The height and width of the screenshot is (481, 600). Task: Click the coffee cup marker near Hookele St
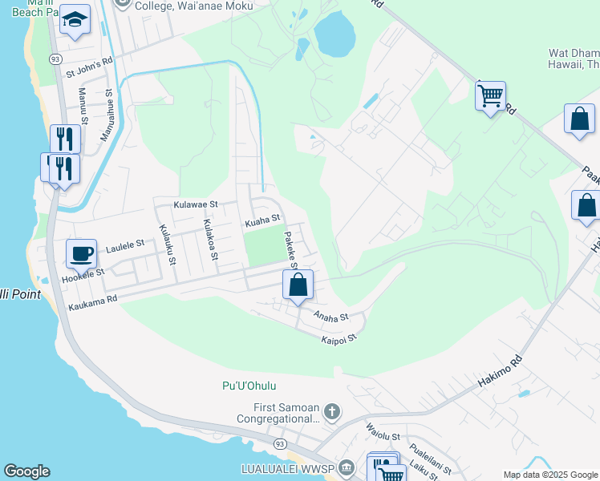point(82,255)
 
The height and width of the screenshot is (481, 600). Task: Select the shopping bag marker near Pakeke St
point(298,285)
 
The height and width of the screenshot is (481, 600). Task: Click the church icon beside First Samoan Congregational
point(333,412)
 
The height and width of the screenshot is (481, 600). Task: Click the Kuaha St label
point(262,218)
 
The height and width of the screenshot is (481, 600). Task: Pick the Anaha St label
point(331,317)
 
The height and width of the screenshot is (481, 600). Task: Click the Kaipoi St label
point(338,339)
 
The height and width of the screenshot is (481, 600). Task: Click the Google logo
point(26,471)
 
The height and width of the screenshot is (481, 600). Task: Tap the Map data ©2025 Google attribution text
point(549,475)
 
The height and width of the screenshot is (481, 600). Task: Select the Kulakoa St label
point(210,240)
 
